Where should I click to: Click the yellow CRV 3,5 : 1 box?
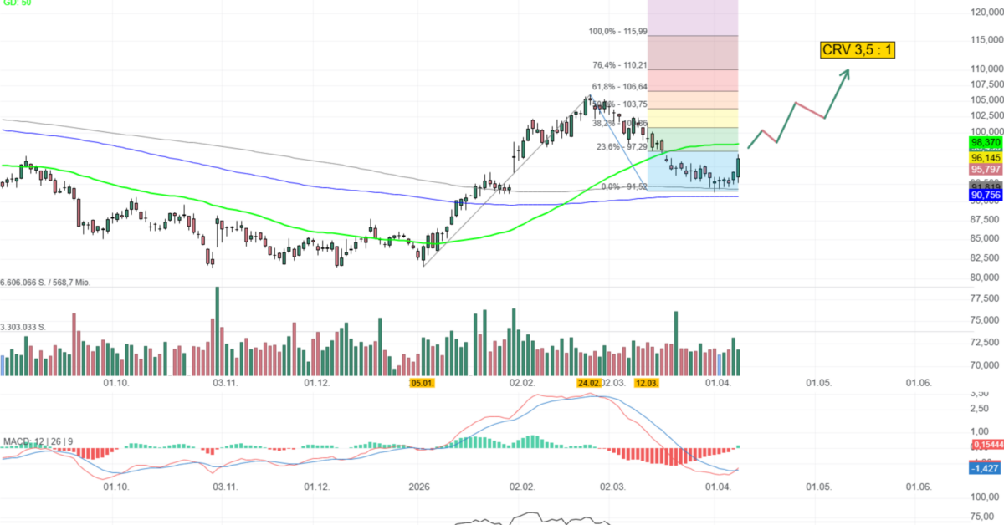click(858, 50)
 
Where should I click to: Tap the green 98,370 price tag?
click(986, 143)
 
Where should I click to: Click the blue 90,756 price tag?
click(986, 195)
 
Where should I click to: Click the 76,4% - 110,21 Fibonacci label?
click(619, 65)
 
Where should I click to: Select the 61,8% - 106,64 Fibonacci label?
click(619, 87)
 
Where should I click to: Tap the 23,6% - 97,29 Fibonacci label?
click(622, 147)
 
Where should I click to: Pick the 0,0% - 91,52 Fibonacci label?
click(624, 186)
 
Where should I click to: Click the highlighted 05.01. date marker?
click(422, 383)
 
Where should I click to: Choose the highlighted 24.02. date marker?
click(589, 383)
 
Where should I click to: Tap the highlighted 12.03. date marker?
click(647, 383)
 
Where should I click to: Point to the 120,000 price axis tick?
click(986, 13)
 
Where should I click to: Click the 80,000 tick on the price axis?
click(986, 278)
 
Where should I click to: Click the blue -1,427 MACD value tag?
click(986, 468)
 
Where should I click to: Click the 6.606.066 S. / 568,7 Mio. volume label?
click(57, 283)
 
